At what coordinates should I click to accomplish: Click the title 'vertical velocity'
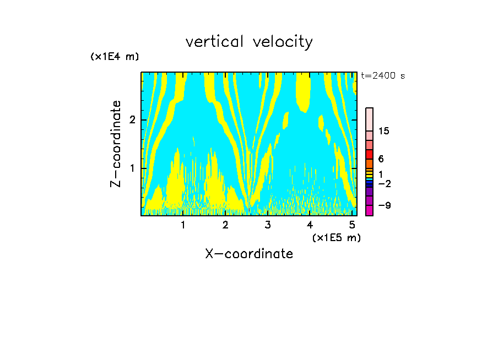(x=249, y=42)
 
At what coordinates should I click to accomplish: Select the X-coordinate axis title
(x=249, y=254)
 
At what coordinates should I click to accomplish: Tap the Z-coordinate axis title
(x=116, y=144)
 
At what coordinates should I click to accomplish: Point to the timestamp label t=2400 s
(x=383, y=76)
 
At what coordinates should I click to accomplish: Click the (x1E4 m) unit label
(x=115, y=57)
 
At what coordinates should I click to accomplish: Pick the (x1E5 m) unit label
(x=336, y=237)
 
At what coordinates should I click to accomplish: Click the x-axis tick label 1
(x=183, y=225)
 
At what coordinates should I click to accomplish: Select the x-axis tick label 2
(x=225, y=225)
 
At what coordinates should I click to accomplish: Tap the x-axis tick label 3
(x=267, y=225)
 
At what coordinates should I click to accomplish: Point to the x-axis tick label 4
(x=310, y=225)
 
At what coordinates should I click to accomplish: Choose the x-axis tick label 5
(x=351, y=225)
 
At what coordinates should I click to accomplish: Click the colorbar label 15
(x=384, y=131)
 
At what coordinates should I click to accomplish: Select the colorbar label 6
(x=381, y=159)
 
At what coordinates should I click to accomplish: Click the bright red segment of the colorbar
(x=369, y=154)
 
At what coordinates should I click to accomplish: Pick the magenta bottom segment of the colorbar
(x=369, y=210)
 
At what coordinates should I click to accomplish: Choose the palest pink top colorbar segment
(x=369, y=119)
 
